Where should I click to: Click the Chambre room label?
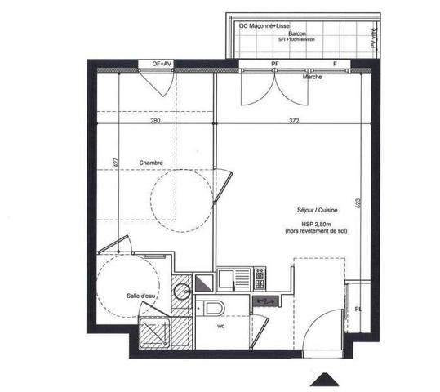coord(150,163)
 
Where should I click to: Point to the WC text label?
coord(220,327)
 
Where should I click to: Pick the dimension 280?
coord(155,121)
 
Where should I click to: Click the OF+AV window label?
coord(162,63)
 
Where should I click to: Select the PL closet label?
coord(358,309)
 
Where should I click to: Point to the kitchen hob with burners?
coord(260,279)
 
